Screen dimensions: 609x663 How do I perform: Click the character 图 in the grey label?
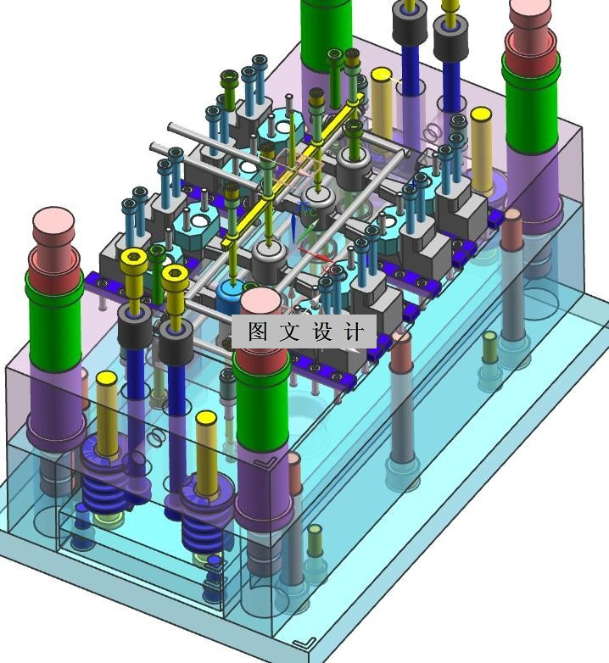(258, 331)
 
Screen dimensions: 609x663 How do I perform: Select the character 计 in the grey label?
(354, 331)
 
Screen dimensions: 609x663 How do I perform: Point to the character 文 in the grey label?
(289, 331)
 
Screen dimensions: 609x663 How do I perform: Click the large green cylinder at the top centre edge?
(326, 35)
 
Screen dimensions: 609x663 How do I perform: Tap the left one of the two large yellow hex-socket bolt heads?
(134, 260)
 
